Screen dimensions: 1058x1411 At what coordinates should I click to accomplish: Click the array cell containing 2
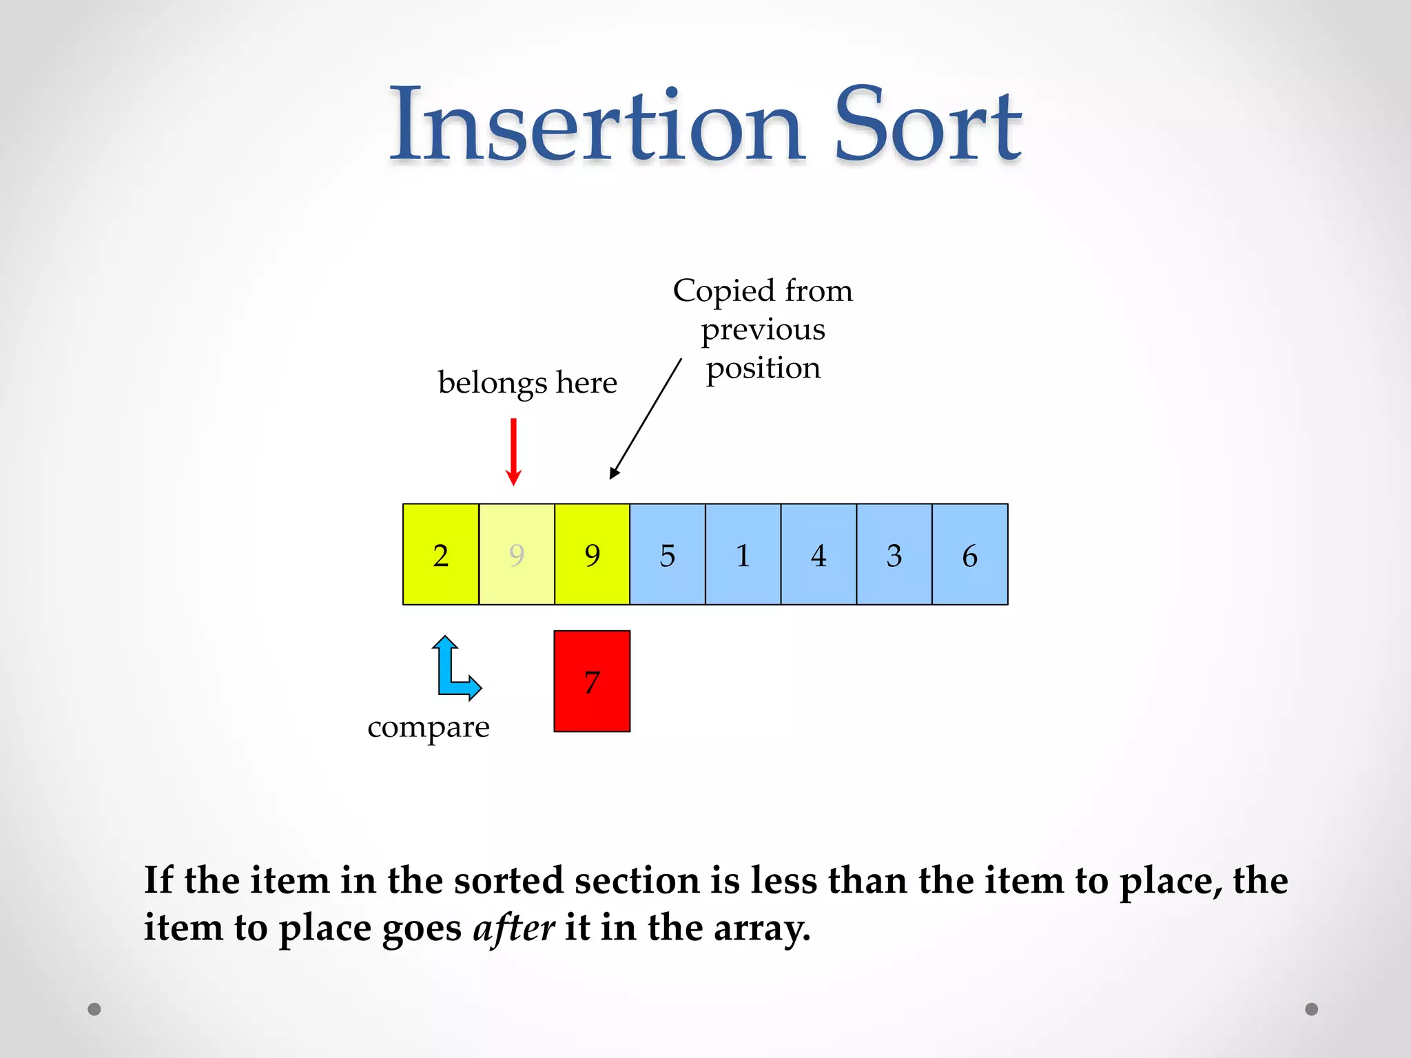tap(441, 554)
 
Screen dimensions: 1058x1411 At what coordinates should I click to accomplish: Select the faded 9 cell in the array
tap(517, 554)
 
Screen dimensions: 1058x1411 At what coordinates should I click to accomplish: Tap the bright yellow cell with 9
tap(592, 554)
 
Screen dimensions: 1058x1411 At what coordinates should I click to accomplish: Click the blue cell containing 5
tap(668, 554)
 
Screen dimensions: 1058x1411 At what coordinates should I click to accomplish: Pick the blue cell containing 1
tap(743, 554)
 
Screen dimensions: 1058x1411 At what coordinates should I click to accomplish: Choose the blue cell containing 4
tap(818, 554)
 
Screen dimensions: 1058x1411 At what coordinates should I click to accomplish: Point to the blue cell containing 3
tap(894, 554)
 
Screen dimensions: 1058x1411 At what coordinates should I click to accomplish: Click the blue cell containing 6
tap(969, 554)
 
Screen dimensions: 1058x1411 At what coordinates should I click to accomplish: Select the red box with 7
tap(592, 681)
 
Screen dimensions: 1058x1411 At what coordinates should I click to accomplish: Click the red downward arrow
tap(513, 451)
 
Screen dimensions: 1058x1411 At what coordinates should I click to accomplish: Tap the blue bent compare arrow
tap(451, 672)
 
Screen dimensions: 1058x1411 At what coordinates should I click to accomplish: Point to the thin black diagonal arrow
tap(646, 418)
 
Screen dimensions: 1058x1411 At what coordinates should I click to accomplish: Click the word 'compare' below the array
tap(429, 727)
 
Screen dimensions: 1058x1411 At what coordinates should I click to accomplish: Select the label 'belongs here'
tap(527, 383)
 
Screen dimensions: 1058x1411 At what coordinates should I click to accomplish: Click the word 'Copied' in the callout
tap(723, 291)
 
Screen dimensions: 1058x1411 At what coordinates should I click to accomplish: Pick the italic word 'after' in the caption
tap(513, 928)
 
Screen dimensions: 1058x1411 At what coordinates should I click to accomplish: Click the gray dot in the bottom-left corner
tap(94, 1009)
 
